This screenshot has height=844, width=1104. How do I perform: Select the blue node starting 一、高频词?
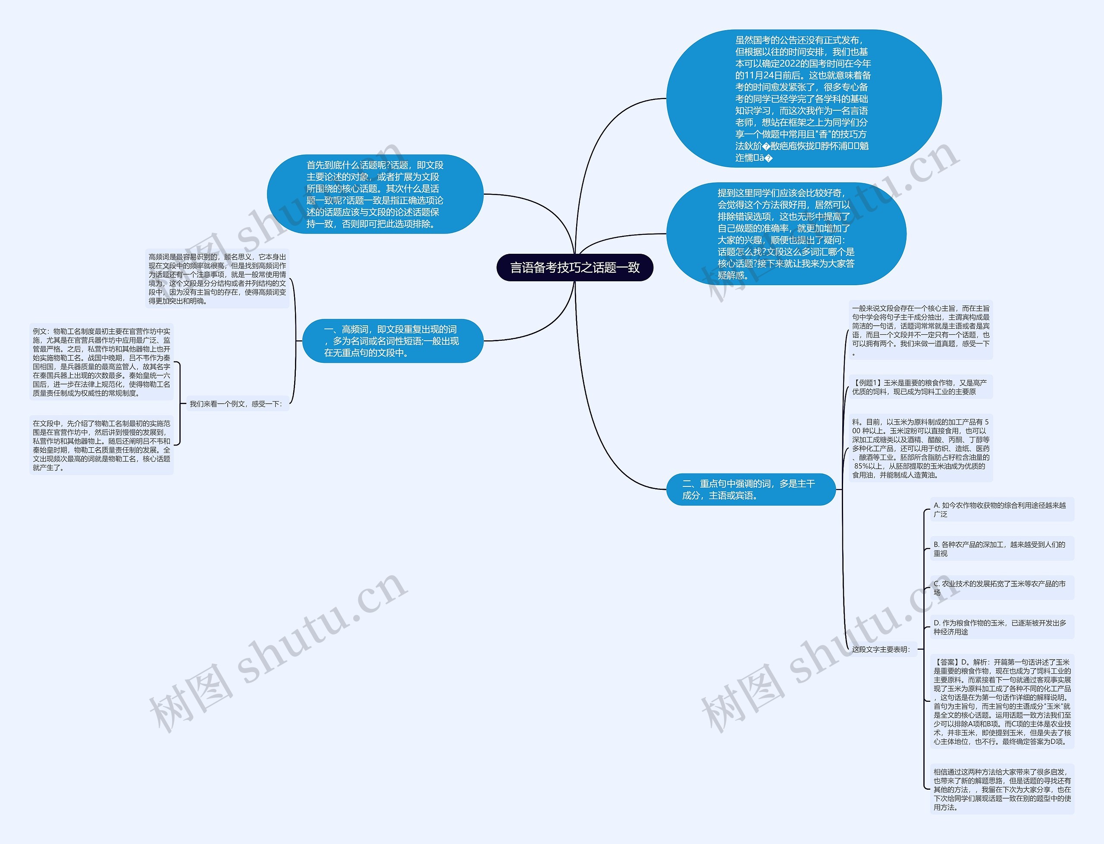[x=392, y=341]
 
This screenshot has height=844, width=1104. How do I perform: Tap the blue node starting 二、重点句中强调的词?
[x=750, y=489]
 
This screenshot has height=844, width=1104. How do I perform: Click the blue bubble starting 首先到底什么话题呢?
[x=374, y=194]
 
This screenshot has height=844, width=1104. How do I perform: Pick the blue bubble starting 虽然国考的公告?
[x=803, y=99]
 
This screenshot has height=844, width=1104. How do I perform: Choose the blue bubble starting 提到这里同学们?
[x=786, y=234]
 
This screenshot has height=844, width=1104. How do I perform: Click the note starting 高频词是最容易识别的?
[x=217, y=279]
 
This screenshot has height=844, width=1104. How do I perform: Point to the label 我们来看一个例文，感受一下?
[x=236, y=404]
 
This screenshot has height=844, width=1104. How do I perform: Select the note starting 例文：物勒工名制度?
[x=101, y=362]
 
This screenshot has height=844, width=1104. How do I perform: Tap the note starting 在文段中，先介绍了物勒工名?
[x=101, y=445]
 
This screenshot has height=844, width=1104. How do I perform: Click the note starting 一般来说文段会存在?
[x=920, y=330]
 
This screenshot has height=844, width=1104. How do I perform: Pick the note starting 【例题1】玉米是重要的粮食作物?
[x=919, y=387]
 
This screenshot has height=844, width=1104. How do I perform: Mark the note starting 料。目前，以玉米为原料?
[x=920, y=448]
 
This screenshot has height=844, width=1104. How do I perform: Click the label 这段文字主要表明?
[x=881, y=649]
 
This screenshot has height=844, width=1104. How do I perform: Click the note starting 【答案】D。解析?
[x=1002, y=701]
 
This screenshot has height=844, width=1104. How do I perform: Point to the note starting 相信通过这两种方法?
[x=1002, y=789]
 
